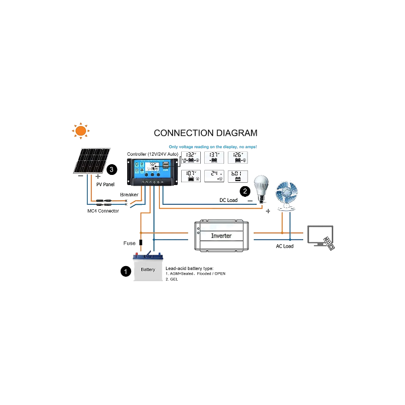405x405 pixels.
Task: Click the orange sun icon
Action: [80, 130]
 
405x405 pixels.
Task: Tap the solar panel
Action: [91, 161]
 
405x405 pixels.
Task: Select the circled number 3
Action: [112, 169]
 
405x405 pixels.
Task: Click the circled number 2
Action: [245, 191]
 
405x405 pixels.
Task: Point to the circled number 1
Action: [125, 271]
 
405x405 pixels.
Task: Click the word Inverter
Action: [221, 236]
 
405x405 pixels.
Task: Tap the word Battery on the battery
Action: [148, 270]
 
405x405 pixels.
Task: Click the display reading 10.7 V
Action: [191, 175]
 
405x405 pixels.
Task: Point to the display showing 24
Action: [215, 175]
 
